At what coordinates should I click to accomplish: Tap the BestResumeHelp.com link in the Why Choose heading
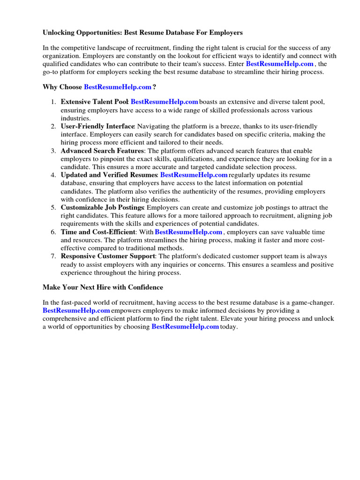pyautogui.click(x=118, y=87)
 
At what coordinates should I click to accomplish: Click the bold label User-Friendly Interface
pyautogui.click(x=97, y=127)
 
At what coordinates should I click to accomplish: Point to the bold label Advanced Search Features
pyautogui.click(x=102, y=151)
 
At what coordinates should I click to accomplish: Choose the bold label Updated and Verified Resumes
pyautogui.click(x=109, y=175)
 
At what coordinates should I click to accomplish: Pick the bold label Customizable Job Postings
pyautogui.click(x=102, y=208)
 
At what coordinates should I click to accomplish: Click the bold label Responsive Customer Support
pyautogui.click(x=108, y=256)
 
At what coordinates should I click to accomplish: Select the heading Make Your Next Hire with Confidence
pyautogui.click(x=103, y=287)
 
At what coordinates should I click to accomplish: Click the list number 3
pyautogui.click(x=53, y=151)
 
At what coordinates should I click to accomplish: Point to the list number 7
pyautogui.click(x=53, y=256)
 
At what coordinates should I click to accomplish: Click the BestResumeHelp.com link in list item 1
pyautogui.click(x=165, y=102)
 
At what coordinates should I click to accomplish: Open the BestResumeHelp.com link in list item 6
pyautogui.click(x=188, y=232)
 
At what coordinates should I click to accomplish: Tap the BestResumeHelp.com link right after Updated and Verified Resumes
pyautogui.click(x=194, y=175)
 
